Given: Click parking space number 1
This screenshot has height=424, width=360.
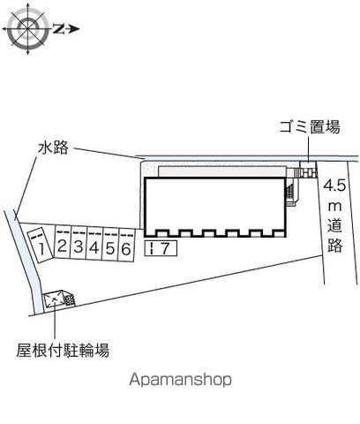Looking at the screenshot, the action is [40, 245].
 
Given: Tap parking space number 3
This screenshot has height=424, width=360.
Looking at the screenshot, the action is [79, 244].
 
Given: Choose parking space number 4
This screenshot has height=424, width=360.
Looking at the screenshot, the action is [94, 244].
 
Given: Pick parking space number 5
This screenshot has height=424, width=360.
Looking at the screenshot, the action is [110, 245].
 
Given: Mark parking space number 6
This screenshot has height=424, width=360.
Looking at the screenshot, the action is [126, 246].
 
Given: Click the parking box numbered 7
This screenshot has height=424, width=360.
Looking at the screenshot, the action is [161, 248].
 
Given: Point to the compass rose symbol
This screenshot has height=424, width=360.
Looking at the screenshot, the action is [28, 29].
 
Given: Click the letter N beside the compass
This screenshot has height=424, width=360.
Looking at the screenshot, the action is [58, 29].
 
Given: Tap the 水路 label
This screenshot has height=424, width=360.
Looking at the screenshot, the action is [53, 148].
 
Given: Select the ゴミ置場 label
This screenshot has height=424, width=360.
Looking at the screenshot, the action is [310, 127].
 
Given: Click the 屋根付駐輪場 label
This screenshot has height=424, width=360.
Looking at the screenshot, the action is [63, 350].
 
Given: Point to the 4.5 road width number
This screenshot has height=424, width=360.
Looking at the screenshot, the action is [334, 186].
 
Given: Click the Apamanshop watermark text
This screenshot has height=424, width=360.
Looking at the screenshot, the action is [180, 379].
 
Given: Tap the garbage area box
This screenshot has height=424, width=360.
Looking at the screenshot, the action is [307, 170].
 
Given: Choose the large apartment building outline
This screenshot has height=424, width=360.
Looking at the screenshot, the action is [215, 207].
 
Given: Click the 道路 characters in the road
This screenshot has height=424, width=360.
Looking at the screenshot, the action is [335, 236].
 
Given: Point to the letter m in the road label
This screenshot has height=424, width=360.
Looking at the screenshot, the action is [334, 207].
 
